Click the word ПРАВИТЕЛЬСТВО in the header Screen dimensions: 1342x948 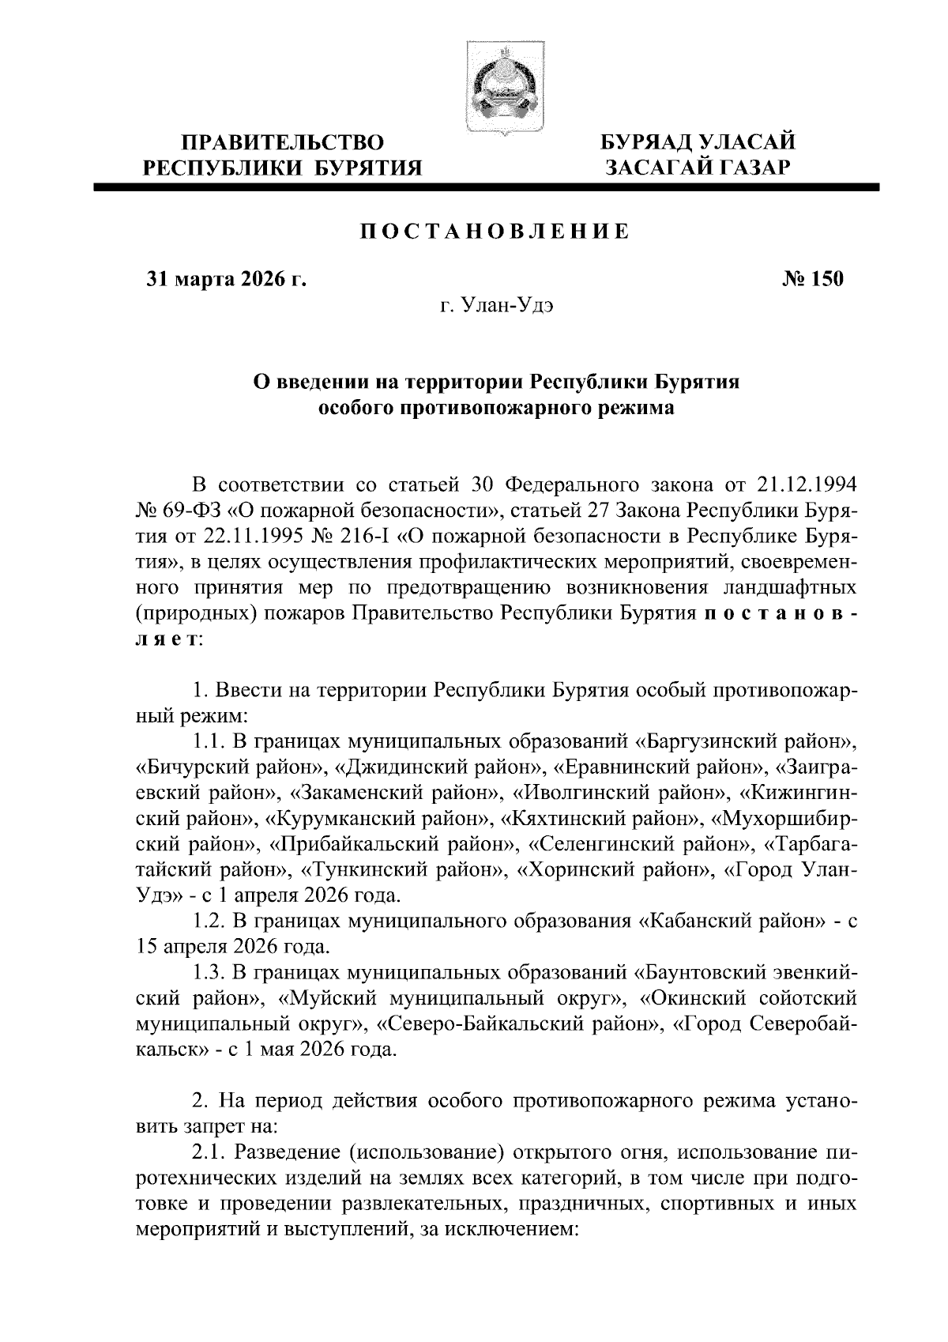[283, 143]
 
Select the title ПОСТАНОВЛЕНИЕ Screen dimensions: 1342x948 [495, 231]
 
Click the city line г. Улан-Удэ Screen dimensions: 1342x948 [495, 306]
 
